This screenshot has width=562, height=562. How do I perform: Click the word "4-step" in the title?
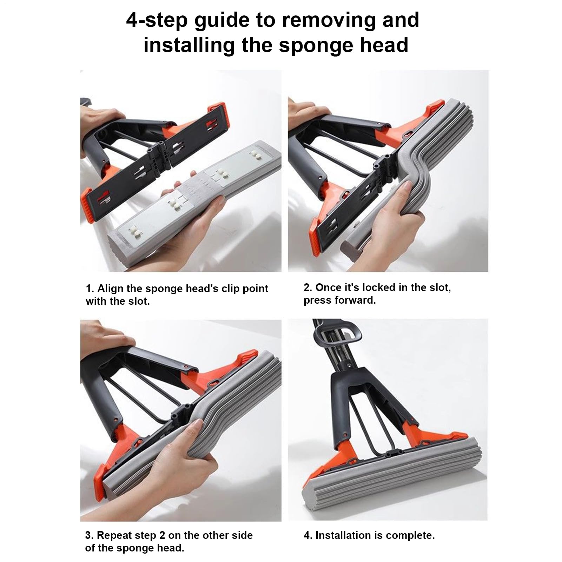pos(157,20)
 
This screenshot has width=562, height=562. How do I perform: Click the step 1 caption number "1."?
pos(90,289)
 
